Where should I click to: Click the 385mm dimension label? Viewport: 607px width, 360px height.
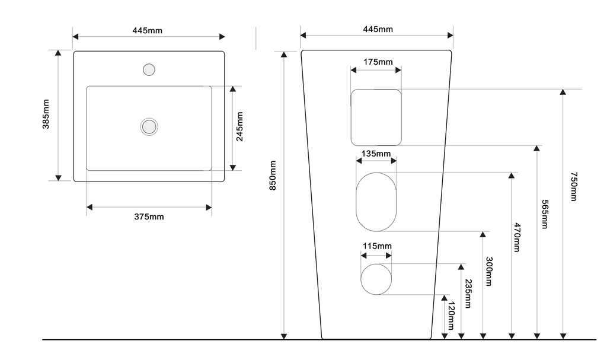pyautogui.click(x=46, y=114)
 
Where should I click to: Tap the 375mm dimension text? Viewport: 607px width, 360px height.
pyautogui.click(x=149, y=216)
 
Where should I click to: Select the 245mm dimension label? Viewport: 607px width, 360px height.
pyautogui.click(x=239, y=127)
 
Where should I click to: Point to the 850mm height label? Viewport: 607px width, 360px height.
pyautogui.click(x=273, y=176)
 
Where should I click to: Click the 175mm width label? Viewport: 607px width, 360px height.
pyautogui.click(x=378, y=62)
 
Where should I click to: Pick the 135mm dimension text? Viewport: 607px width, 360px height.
pyautogui.click(x=376, y=154)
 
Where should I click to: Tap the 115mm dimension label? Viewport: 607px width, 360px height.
pyautogui.click(x=377, y=246)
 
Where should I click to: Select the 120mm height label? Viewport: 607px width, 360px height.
pyautogui.click(x=451, y=316)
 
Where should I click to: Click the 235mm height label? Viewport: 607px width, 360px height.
pyautogui.click(x=468, y=294)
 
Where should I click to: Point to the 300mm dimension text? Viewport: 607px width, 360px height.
pyautogui.click(x=489, y=271)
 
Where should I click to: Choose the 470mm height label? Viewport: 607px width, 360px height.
pyautogui.click(x=517, y=237)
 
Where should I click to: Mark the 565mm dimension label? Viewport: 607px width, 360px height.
pyautogui.click(x=544, y=214)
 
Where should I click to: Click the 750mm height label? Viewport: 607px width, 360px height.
pyautogui.click(x=574, y=187)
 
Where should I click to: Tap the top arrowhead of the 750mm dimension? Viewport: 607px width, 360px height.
pyautogui.click(x=563, y=92)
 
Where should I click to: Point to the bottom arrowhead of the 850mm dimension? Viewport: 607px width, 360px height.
pyautogui.click(x=284, y=336)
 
